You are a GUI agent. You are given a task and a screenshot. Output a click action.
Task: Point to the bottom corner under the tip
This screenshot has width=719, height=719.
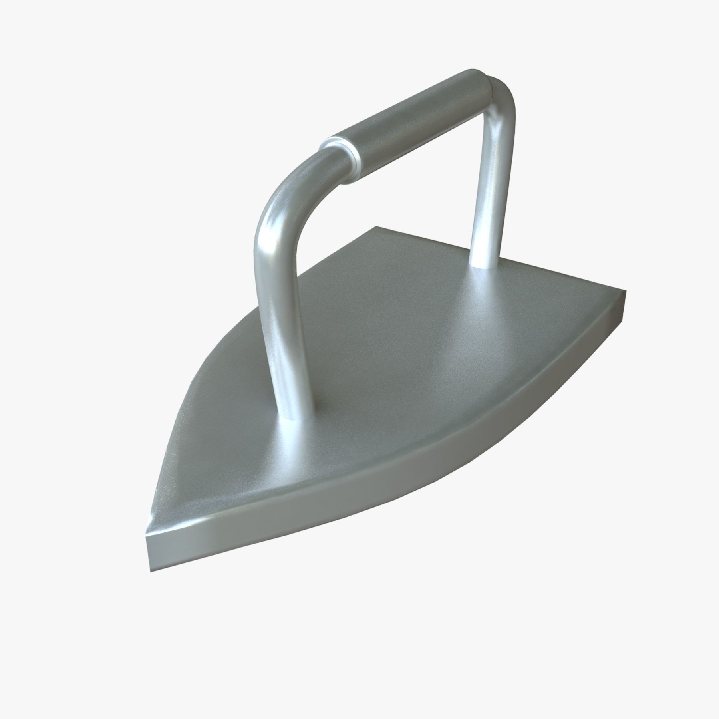(151, 559)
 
